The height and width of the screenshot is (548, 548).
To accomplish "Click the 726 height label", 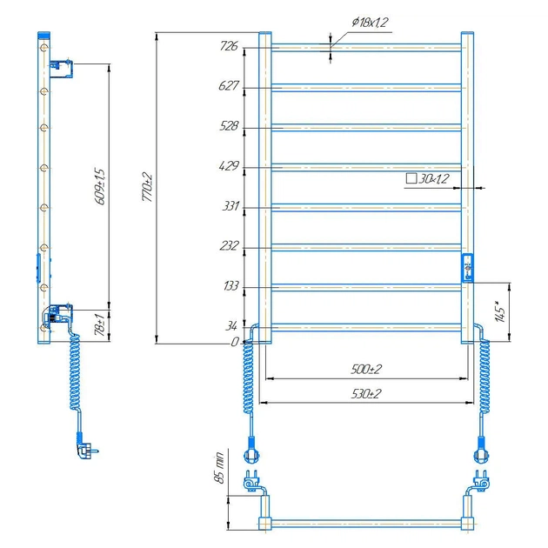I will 230,46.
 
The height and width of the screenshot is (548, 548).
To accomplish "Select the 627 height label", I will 230,86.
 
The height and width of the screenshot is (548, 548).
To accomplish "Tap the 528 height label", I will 230,126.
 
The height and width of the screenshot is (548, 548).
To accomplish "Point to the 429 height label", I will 230,166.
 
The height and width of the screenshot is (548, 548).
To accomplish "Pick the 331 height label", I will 230,207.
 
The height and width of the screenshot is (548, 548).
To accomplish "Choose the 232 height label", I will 230,246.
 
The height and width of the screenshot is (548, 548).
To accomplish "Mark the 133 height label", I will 230,286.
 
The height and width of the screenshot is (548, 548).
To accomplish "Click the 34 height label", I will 232,326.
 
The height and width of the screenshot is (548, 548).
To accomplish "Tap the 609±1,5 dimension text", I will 100,185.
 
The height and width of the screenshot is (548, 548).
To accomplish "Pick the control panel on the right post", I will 468,266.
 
